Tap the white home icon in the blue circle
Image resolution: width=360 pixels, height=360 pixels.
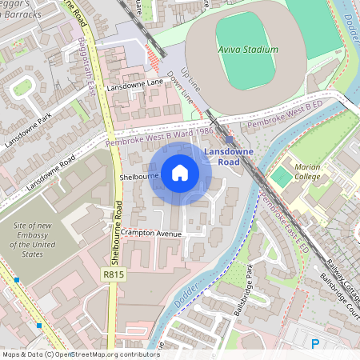click(180, 172)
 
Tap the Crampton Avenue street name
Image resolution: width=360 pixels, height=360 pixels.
click(153, 234)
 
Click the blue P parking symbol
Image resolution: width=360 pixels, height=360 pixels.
click(315, 344)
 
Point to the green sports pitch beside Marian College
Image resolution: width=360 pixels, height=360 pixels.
click(281, 175)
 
